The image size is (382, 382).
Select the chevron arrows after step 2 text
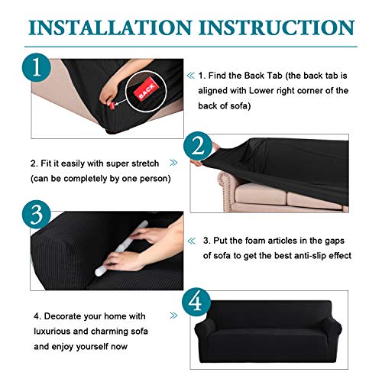click(x=173, y=163)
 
